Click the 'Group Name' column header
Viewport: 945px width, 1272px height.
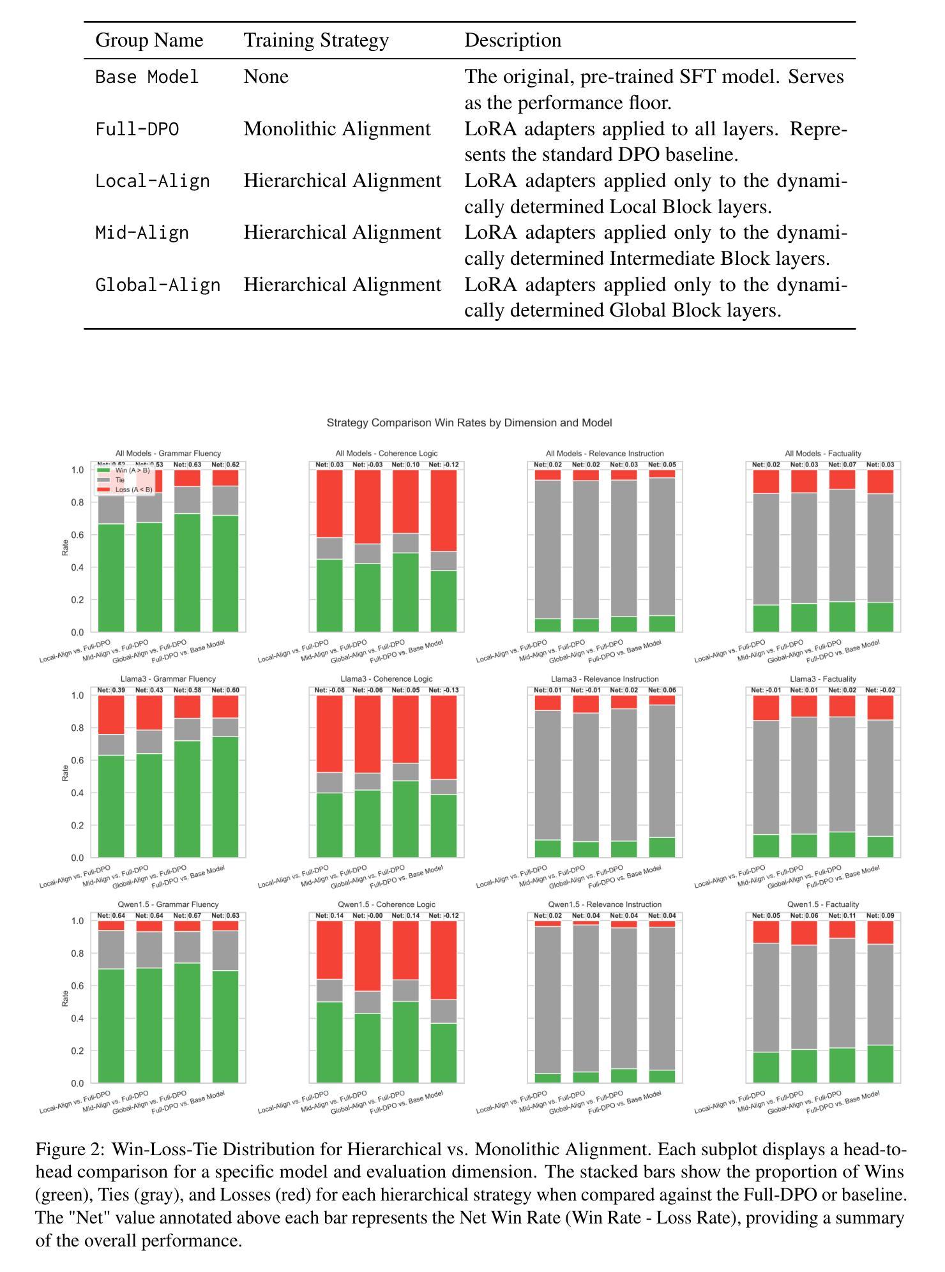pyautogui.click(x=149, y=40)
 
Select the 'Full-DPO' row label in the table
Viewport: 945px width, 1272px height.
pyautogui.click(x=137, y=130)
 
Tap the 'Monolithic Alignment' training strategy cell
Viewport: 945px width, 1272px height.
pyautogui.click(x=337, y=130)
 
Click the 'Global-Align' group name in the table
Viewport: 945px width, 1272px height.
pyautogui.click(x=158, y=285)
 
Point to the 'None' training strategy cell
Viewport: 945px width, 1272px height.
pyautogui.click(x=266, y=77)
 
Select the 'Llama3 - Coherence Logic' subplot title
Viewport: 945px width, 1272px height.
pyautogui.click(x=386, y=679)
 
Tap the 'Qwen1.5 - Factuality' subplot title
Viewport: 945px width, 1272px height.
pyautogui.click(x=822, y=904)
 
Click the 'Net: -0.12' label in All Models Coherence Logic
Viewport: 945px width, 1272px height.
pyautogui.click(x=444, y=465)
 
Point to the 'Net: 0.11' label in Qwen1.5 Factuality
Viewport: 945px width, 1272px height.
pyautogui.click(x=841, y=916)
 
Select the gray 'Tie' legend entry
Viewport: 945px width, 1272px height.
pyautogui.click(x=120, y=480)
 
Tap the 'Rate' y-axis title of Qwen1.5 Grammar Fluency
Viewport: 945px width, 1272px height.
pyautogui.click(x=65, y=999)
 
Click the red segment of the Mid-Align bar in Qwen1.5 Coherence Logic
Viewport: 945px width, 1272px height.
pyautogui.click(x=367, y=955)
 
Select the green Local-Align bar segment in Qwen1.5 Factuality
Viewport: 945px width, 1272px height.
pyautogui.click(x=765, y=1067)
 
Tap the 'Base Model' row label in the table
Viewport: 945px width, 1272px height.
pyautogui.click(x=147, y=77)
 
